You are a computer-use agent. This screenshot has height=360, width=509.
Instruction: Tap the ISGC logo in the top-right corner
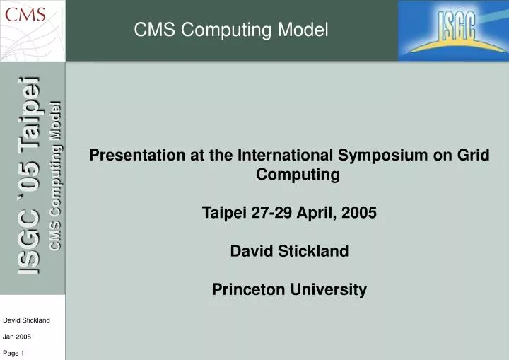point(453,30)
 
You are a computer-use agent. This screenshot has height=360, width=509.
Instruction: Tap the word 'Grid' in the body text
point(474,155)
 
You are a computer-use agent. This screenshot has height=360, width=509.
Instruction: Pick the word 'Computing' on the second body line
point(289,174)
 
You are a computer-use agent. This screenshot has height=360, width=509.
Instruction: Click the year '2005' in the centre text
point(360,212)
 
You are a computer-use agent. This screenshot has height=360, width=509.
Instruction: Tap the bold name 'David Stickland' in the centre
point(289,250)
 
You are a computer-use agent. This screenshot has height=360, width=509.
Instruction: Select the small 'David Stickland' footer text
point(26,320)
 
